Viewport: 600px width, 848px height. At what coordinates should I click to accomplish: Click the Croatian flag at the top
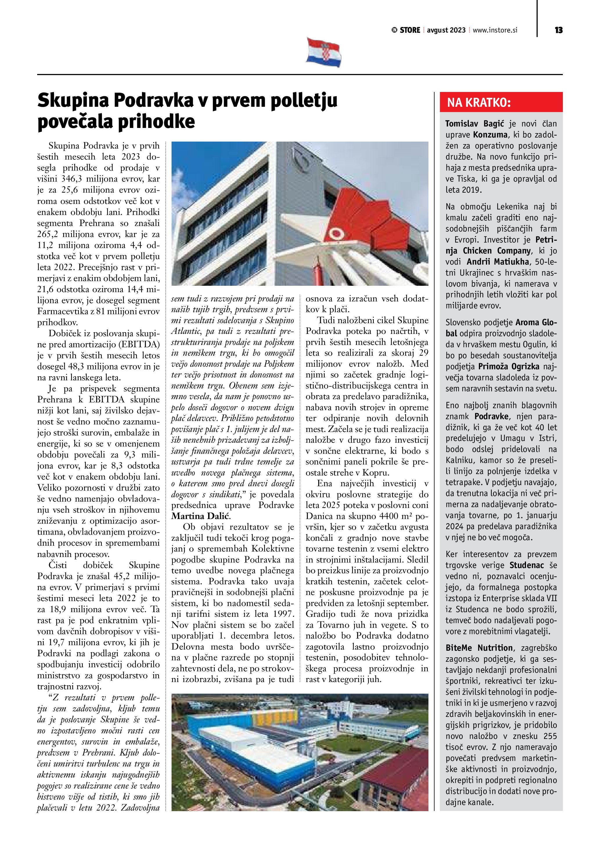pos(324,52)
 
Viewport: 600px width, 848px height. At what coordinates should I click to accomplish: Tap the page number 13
pos(558,30)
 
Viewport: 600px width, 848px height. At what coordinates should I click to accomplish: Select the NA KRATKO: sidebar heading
pos(479,102)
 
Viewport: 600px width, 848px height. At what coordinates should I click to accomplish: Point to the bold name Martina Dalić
pos(201,516)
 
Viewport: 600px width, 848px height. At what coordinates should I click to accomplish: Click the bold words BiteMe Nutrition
pos(479,648)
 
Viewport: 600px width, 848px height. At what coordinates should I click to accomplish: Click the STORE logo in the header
pos(406,30)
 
